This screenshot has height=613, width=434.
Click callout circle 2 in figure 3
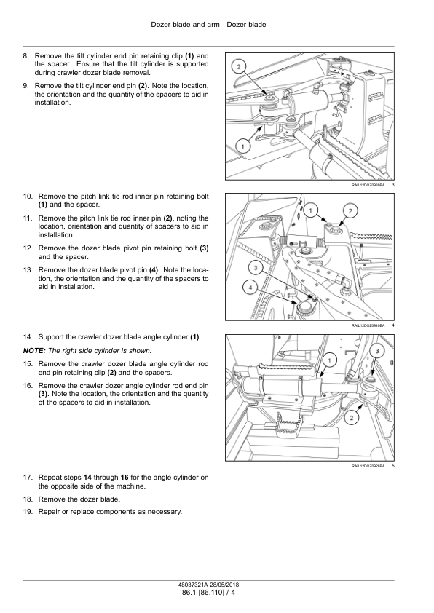tap(239, 66)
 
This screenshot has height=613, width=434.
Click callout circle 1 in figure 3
tap(242, 147)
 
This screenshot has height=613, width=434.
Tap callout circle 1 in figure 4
tap(311, 210)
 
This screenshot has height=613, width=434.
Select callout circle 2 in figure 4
tap(350, 211)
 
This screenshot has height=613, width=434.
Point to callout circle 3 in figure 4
tap(256, 268)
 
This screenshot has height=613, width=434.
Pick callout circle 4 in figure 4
tap(250, 288)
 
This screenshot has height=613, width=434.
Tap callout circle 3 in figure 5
tap(377, 351)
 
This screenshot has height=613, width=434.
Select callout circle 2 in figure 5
tap(351, 418)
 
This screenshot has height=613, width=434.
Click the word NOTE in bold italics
tap(34, 351)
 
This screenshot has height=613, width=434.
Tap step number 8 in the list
tap(25, 55)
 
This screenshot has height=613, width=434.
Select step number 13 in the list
tap(28, 270)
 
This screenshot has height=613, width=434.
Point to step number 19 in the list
tap(28, 512)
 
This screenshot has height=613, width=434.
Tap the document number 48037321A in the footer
tap(192, 585)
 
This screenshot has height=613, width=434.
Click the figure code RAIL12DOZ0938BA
tap(368, 185)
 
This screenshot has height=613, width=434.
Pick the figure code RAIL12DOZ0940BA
tap(368, 325)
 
